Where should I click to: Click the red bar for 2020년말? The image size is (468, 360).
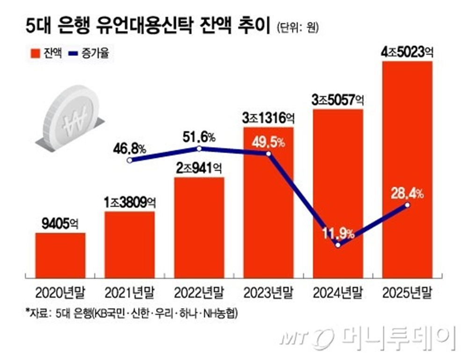click(x=60, y=254)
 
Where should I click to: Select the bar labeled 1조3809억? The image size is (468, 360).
click(x=130, y=243)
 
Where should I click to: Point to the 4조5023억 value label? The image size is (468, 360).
click(x=407, y=53)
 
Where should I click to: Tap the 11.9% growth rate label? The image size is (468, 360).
click(x=337, y=232)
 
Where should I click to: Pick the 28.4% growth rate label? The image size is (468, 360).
click(x=407, y=193)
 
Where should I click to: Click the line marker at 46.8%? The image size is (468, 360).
click(x=130, y=160)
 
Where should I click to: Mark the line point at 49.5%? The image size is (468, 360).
click(x=268, y=154)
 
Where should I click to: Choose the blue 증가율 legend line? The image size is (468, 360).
click(x=74, y=53)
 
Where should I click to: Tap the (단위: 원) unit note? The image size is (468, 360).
click(x=297, y=28)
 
